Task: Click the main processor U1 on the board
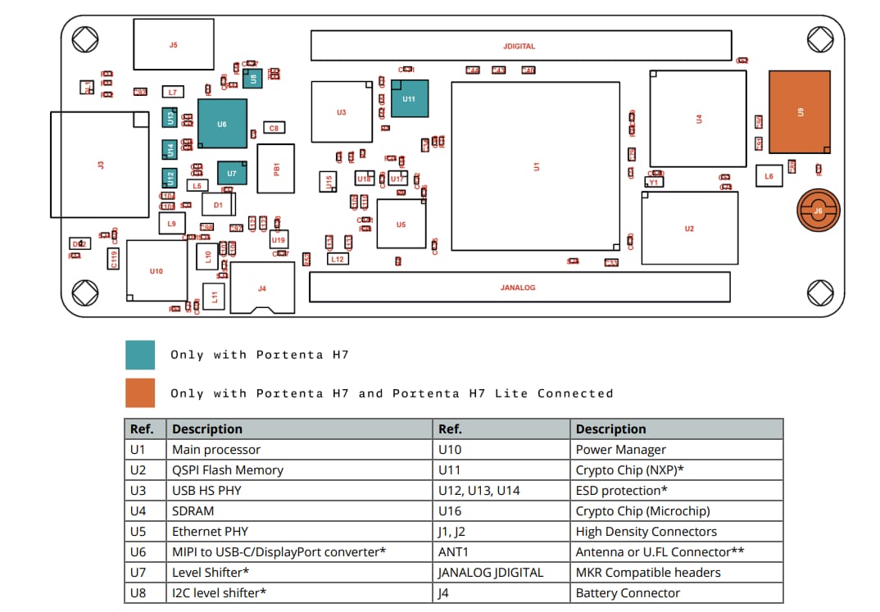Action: (536, 166)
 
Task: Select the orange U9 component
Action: (799, 111)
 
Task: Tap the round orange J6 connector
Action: (817, 211)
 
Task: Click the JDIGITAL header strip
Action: (520, 46)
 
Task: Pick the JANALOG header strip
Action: (519, 288)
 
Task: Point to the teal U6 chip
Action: (222, 124)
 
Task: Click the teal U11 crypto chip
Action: (409, 99)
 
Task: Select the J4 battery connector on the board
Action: (262, 288)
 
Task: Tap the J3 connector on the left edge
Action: (100, 165)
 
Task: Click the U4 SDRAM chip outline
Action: (698, 119)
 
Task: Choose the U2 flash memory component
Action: (689, 229)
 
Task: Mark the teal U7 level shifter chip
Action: (232, 174)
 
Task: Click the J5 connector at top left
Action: (173, 45)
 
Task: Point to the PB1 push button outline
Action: (276, 168)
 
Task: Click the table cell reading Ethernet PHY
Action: (204, 532)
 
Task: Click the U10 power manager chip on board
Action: (156, 270)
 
